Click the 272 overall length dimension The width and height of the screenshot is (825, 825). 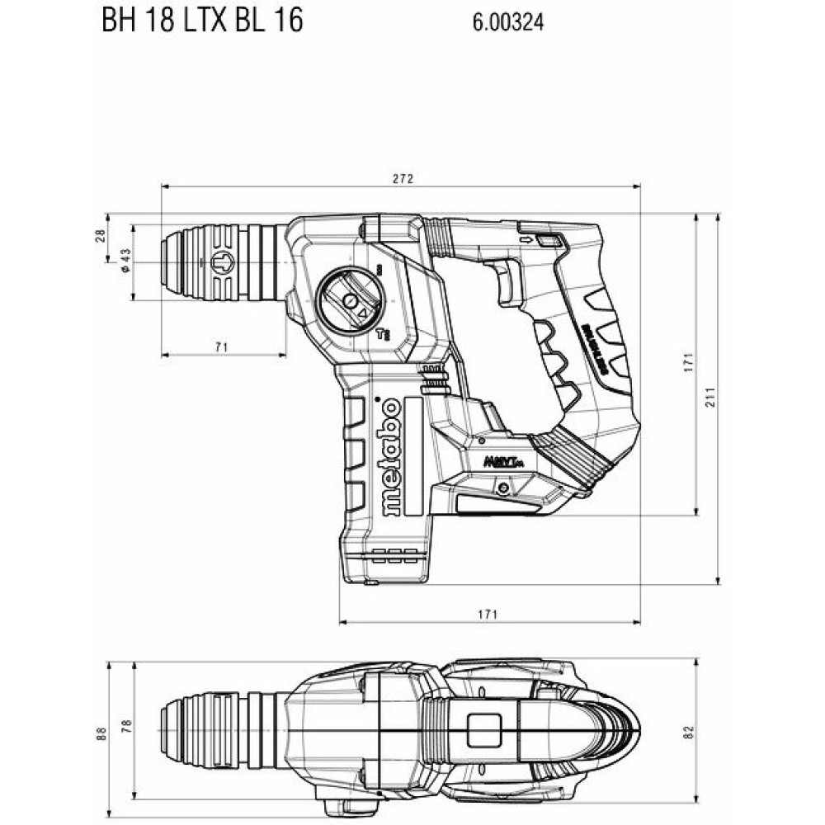(402, 178)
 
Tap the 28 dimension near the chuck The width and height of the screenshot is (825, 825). (101, 235)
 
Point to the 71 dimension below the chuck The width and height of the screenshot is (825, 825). (220, 347)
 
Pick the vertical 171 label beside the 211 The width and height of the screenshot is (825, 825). (689, 364)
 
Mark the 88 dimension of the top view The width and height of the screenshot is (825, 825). (101, 732)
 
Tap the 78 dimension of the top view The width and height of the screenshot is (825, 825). (126, 726)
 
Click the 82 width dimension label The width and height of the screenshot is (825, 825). (689, 732)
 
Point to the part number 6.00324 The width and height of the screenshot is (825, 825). (508, 23)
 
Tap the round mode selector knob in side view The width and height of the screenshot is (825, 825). (350, 300)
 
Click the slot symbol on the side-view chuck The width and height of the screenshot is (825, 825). (223, 263)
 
